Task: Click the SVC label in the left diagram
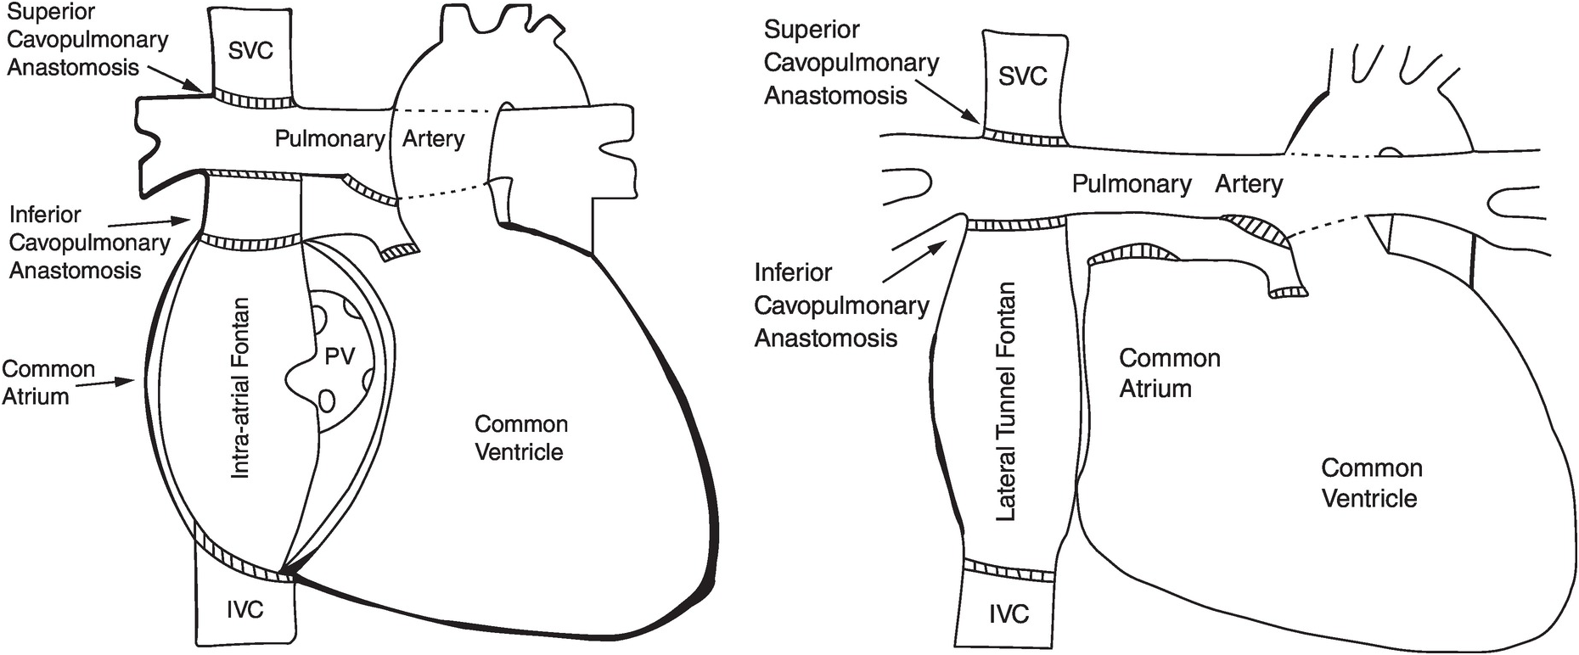point(250,51)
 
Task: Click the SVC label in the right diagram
point(1022,76)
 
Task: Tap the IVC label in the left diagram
point(244,609)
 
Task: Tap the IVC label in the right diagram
point(1009,613)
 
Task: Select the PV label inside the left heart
point(340,356)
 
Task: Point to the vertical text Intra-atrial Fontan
point(240,388)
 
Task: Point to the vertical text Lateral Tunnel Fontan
point(1005,400)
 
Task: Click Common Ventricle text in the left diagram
point(520,438)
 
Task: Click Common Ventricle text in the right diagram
point(1371,483)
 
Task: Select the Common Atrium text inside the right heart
point(1169,373)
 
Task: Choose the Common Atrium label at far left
point(48,383)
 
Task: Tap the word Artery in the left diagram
point(433,139)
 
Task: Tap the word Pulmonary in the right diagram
point(1132,184)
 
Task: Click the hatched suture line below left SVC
point(252,99)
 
